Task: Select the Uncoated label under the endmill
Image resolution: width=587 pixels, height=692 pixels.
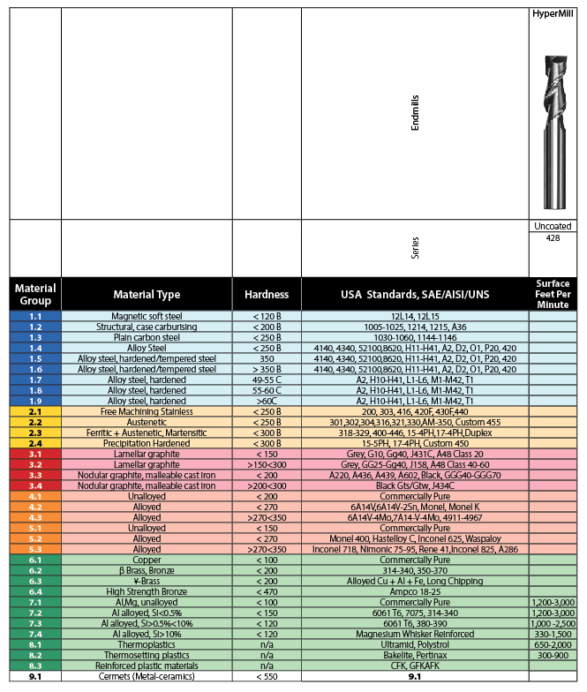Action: tap(553, 226)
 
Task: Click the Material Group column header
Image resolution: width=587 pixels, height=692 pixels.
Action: tap(35, 294)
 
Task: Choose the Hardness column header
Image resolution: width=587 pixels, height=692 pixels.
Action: tap(266, 294)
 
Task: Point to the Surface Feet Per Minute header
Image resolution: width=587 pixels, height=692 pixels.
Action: tap(553, 294)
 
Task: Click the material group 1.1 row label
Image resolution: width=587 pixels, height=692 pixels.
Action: tap(35, 316)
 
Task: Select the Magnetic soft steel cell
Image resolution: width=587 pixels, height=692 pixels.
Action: tap(147, 316)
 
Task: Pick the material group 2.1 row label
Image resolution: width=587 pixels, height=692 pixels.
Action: tap(35, 410)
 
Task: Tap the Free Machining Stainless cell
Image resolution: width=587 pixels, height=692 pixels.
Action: tap(147, 410)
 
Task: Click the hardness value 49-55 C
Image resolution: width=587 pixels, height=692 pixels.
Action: tap(266, 380)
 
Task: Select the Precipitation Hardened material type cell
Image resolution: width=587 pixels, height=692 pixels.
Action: tap(147, 442)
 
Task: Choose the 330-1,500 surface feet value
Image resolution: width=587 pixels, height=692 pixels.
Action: tap(553, 633)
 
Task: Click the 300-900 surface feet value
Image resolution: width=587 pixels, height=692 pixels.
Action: tap(553, 654)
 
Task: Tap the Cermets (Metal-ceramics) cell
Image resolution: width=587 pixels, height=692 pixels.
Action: tap(147, 676)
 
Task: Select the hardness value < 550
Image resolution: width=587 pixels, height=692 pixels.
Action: tap(266, 676)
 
